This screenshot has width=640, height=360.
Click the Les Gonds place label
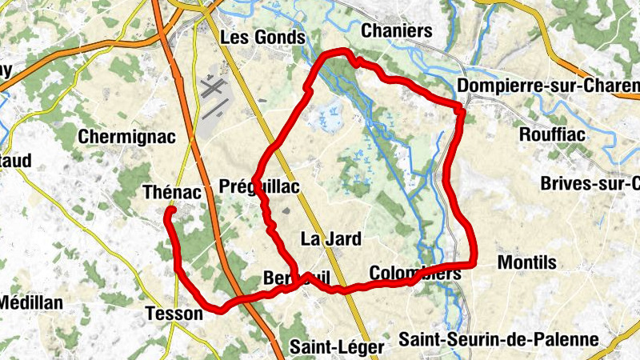[262, 38]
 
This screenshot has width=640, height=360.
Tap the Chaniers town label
[397, 31]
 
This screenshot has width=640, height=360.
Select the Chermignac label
[126, 137]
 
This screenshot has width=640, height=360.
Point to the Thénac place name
[170, 192]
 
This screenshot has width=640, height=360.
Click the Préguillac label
[258, 187]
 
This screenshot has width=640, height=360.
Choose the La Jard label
[330, 238]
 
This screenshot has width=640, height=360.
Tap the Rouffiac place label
[554, 134]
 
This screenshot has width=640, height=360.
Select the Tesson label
[174, 314]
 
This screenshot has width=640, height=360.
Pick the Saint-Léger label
[326, 347]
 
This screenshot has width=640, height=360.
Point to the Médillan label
[30, 303]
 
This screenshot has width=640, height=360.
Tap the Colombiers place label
[415, 274]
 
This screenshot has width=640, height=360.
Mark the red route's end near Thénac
[170, 212]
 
